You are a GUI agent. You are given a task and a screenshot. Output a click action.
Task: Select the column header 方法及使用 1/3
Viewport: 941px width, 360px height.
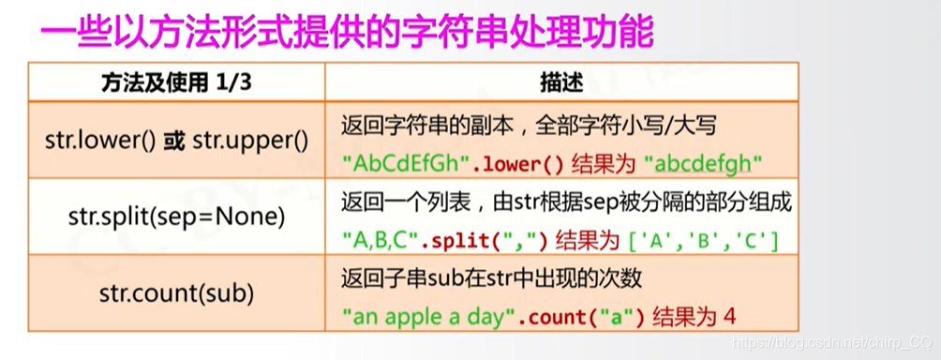(x=176, y=82)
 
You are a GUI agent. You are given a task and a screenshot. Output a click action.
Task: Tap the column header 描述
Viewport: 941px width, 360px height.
(x=561, y=82)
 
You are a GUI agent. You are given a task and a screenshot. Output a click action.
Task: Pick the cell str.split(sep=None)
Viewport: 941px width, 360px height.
(x=176, y=217)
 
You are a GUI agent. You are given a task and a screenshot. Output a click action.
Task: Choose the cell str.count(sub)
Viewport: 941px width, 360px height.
(x=176, y=293)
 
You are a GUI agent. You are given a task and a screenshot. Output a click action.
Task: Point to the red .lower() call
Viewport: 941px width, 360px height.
(x=516, y=162)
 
